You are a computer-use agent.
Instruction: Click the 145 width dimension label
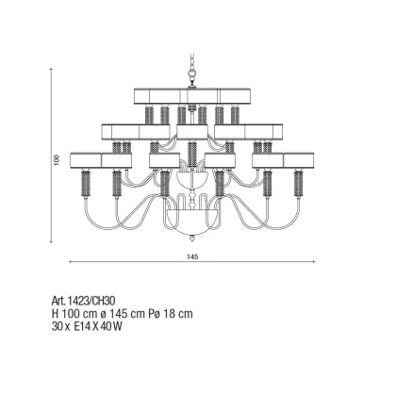tap(192, 256)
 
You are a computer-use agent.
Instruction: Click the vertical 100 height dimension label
tap(57, 160)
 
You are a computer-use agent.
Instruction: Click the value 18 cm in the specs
tap(178, 314)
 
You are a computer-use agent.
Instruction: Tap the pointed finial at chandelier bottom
tap(191, 239)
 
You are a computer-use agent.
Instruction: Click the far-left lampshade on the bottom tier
tap(86, 160)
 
